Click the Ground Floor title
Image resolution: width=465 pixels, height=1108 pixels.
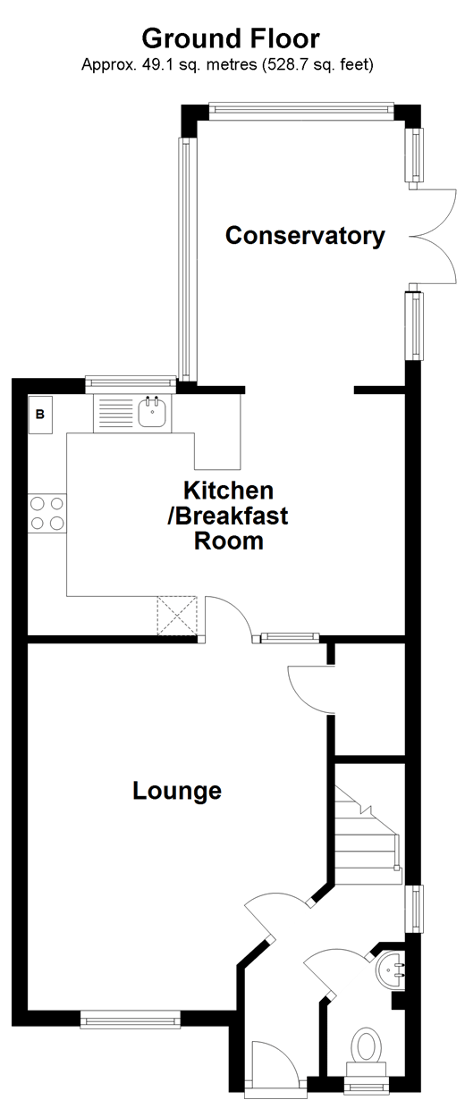click(231, 39)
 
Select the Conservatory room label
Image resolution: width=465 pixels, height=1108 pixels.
click(305, 236)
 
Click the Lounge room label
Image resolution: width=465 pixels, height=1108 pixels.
click(177, 791)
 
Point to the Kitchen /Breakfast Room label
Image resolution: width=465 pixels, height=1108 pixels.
click(229, 516)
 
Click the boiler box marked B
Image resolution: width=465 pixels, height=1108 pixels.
click(40, 415)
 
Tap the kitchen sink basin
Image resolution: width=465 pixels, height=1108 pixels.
click(153, 413)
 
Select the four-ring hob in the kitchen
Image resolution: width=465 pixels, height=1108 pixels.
click(47, 513)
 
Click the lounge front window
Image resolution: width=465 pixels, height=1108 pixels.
click(129, 1020)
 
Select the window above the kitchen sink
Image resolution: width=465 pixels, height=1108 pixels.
click(131, 384)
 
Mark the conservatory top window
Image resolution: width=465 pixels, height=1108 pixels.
click(301, 110)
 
